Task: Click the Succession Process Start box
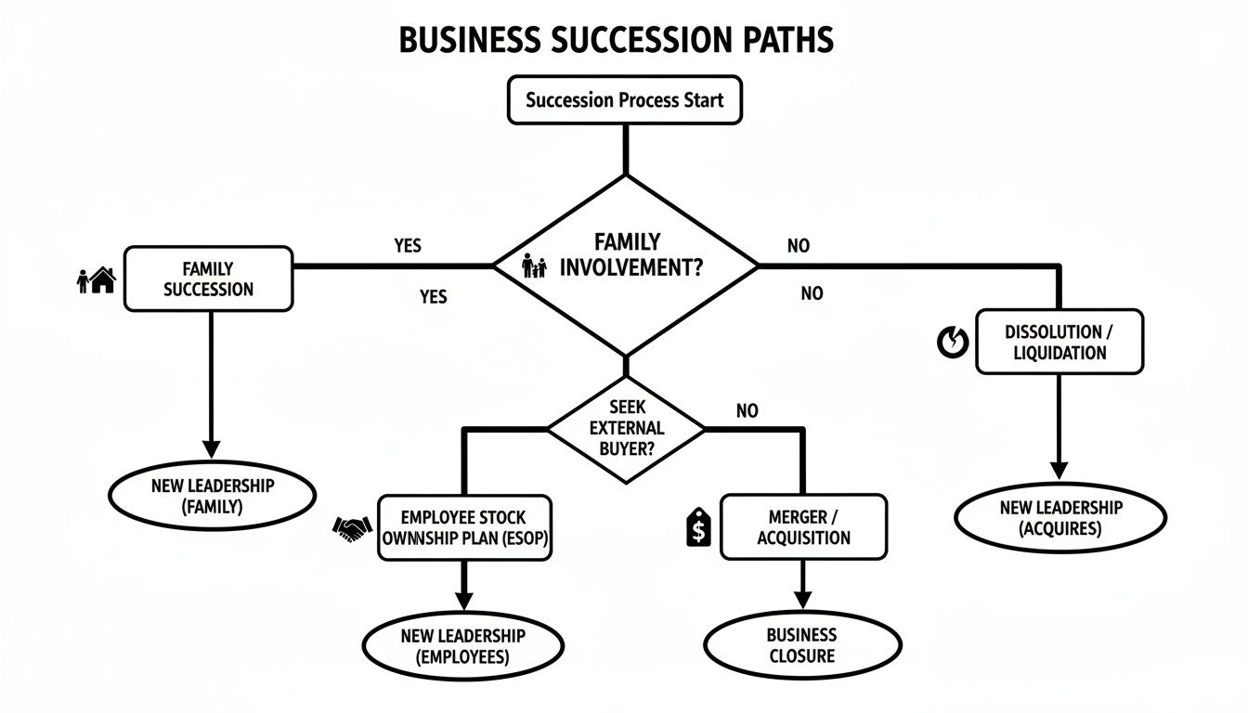pyautogui.click(x=624, y=100)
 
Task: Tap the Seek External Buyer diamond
pyautogui.click(x=625, y=428)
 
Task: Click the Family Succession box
pyautogui.click(x=208, y=279)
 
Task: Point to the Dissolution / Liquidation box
pyautogui.click(x=1059, y=342)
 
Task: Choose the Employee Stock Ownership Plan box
pyautogui.click(x=463, y=527)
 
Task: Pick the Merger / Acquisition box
pyautogui.click(x=803, y=527)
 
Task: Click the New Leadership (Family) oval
pyautogui.click(x=211, y=496)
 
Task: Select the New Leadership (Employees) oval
pyautogui.click(x=462, y=646)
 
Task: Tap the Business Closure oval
pyautogui.click(x=801, y=645)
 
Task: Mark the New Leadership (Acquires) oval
pyautogui.click(x=1060, y=518)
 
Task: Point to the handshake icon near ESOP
pyautogui.click(x=352, y=529)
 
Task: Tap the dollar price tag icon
pyautogui.click(x=697, y=528)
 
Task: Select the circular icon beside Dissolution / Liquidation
pyautogui.click(x=953, y=343)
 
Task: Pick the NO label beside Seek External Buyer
pyautogui.click(x=747, y=410)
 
